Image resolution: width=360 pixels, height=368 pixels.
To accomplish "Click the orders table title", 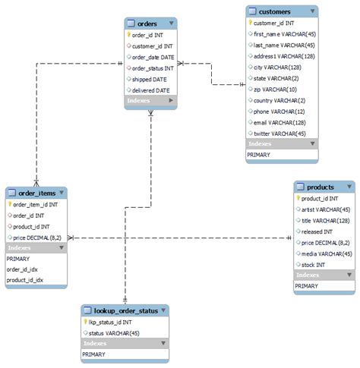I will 147,24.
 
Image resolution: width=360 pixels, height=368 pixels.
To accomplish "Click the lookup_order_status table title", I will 125,310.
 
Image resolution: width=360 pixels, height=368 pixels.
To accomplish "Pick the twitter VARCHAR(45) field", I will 280,133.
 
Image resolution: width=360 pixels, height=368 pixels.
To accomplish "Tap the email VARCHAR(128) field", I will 279,122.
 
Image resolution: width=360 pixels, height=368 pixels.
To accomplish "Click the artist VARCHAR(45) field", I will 324,209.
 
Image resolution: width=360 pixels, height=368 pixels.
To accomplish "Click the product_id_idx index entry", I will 25,280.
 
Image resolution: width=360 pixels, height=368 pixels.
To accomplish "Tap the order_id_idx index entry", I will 24,269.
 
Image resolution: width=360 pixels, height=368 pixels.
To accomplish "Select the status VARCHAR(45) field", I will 114,332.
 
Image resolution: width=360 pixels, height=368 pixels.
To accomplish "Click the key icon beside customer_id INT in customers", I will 251,24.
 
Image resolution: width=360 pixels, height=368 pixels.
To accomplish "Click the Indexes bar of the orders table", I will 150,100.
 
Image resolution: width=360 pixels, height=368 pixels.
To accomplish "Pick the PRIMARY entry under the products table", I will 306,286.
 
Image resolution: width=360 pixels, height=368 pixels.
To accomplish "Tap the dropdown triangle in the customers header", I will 311,11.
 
